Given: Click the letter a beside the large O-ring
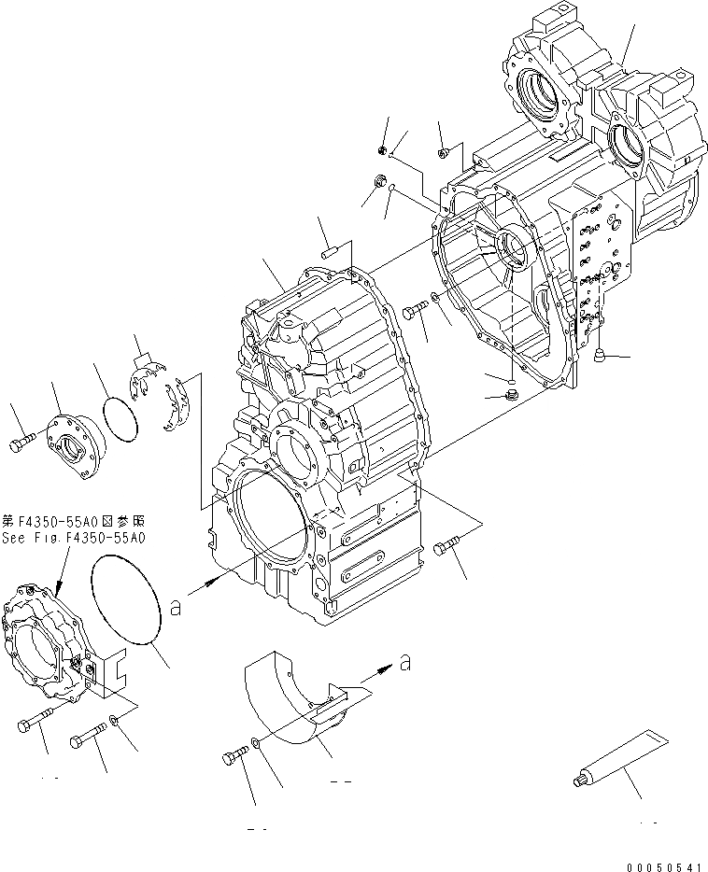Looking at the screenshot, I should point(175,607).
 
